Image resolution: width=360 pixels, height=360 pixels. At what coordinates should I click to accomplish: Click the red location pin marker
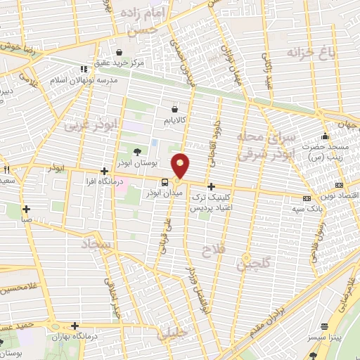point(181,165)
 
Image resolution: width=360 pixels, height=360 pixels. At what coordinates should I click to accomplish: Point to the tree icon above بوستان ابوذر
point(137,151)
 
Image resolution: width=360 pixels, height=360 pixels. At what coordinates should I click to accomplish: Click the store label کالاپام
point(175,120)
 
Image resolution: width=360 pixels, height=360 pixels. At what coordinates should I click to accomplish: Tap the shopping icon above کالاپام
point(174,109)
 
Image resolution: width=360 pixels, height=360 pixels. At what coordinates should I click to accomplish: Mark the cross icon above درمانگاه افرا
point(104,171)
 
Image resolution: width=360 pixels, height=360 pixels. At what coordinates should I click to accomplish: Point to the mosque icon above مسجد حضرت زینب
point(324,136)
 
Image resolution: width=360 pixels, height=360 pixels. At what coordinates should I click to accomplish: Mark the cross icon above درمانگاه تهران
point(75,325)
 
